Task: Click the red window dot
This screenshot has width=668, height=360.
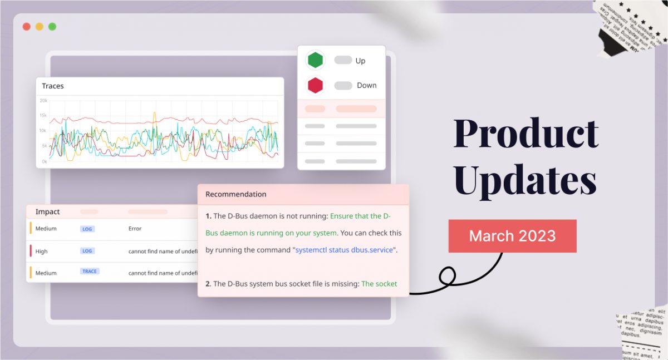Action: tap(26, 27)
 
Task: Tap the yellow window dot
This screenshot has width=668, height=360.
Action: tap(40, 27)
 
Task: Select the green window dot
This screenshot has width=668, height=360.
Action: tap(52, 27)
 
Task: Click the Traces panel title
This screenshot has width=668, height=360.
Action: tap(53, 86)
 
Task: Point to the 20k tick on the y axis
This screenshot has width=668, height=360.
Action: tap(43, 100)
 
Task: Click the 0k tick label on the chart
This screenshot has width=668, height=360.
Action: tap(44, 162)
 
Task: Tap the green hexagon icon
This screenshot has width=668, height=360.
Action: tap(316, 60)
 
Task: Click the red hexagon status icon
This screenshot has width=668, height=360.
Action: tap(316, 85)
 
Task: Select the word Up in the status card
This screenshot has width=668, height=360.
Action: tap(360, 61)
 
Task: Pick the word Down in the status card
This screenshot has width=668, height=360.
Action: tap(367, 85)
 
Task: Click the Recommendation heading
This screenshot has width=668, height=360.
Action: tap(236, 194)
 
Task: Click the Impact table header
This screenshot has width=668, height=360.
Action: tap(47, 212)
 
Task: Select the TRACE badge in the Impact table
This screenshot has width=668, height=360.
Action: tap(90, 272)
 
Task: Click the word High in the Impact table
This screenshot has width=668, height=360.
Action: tap(42, 251)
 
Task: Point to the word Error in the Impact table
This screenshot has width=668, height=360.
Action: tap(135, 229)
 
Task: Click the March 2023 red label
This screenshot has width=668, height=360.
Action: tap(512, 236)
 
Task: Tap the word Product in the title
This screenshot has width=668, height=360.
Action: tap(525, 134)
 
